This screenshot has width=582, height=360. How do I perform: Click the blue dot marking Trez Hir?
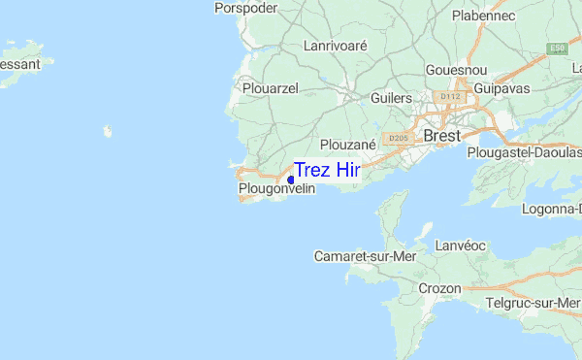291,180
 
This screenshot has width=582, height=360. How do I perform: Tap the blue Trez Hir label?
327,170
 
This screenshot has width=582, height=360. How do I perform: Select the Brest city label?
442,136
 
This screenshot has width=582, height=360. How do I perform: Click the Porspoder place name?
246,8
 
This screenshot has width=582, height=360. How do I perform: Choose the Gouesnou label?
456,71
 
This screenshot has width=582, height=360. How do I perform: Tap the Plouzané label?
346,145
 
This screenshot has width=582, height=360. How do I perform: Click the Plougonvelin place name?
276,189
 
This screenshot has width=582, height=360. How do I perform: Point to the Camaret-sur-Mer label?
358,256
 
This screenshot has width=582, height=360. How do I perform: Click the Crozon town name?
439,288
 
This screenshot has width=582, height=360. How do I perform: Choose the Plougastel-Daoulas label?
524,152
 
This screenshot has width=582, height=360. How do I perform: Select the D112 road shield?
448,97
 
